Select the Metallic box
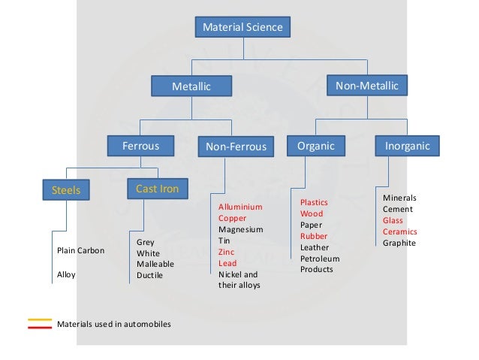click(x=191, y=87)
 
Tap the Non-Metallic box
click(x=366, y=86)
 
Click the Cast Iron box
click(x=157, y=189)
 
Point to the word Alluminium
click(x=240, y=207)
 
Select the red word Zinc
click(x=227, y=252)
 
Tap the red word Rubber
click(x=313, y=236)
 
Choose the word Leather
click(x=315, y=247)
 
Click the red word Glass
click(x=393, y=220)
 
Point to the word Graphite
click(x=399, y=243)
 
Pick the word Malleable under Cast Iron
click(x=155, y=265)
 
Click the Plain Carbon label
click(x=80, y=250)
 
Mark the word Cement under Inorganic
click(x=398, y=209)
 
